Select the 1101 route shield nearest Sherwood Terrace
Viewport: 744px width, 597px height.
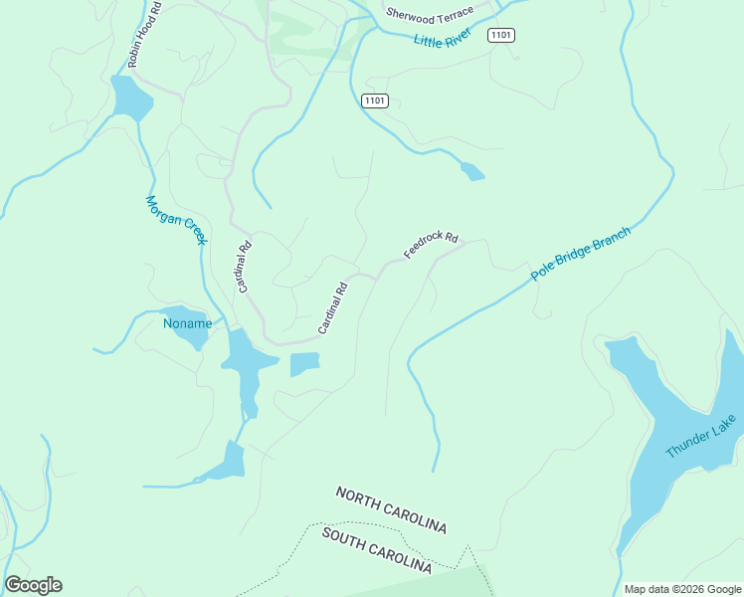coord(501,35)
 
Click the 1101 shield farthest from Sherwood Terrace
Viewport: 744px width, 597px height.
coord(374,100)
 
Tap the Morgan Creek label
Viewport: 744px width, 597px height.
coord(176,219)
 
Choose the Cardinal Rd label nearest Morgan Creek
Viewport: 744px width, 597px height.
coord(244,266)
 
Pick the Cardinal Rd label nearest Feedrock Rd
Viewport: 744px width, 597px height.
coord(333,307)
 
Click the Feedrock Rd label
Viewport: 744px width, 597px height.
coord(431,245)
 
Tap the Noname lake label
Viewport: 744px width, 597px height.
coord(187,323)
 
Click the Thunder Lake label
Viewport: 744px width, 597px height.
coord(702,436)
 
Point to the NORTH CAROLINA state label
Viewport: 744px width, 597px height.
coord(391,509)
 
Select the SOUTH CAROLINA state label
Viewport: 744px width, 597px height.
coord(377,550)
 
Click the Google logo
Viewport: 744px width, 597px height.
coord(33,585)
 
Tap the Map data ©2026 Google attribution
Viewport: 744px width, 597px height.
coord(681,589)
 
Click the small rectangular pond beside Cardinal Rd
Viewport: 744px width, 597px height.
coord(304,364)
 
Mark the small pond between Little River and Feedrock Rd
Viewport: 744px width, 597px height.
coord(472,171)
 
